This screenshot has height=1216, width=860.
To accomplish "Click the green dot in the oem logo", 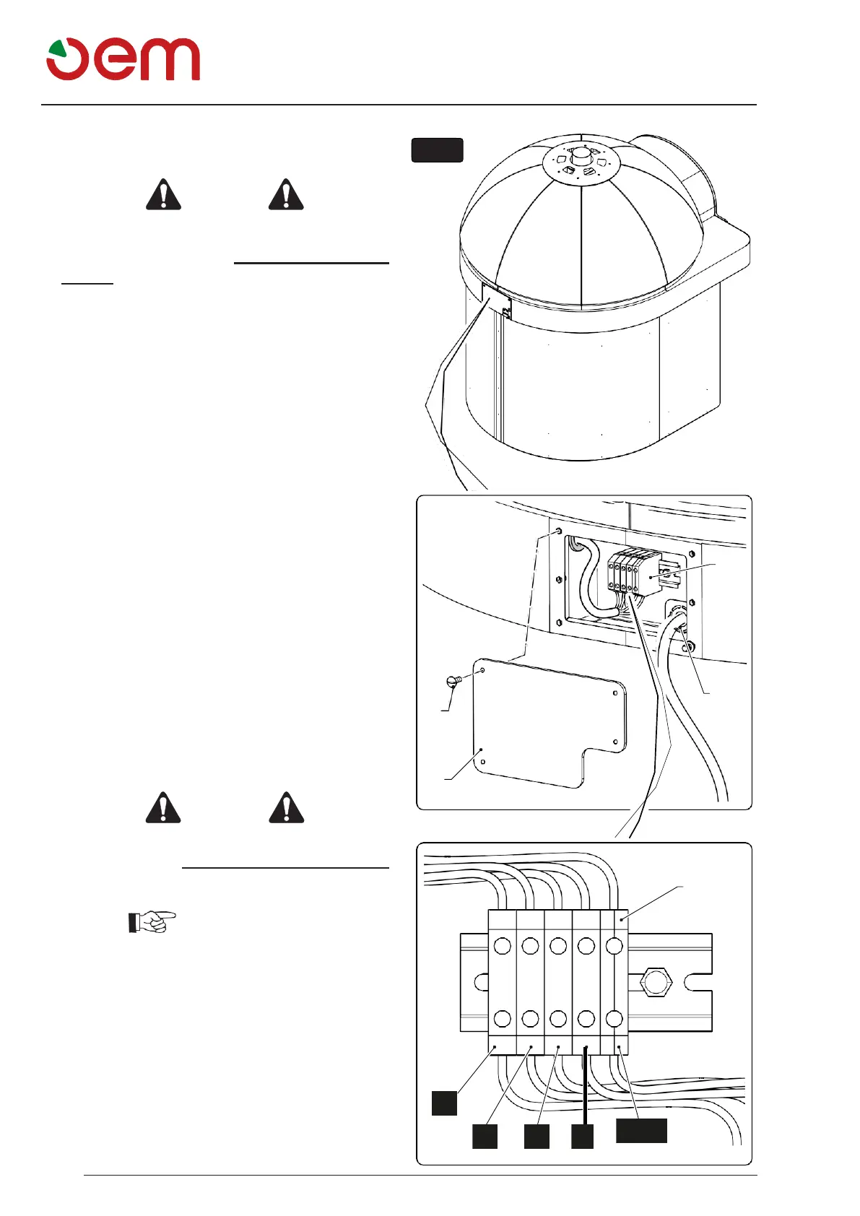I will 57,51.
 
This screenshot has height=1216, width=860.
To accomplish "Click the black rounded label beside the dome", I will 437,149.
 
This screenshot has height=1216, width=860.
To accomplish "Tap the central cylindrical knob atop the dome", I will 581,157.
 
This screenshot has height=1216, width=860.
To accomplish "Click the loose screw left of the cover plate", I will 453,679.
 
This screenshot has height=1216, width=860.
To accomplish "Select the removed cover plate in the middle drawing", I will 549,722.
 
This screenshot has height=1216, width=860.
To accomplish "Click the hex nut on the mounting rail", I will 656,982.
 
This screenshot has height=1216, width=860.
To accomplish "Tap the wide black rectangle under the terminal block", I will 641,1130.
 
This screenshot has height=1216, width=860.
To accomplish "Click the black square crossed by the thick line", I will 582,1136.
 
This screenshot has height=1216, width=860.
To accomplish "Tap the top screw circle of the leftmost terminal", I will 502,945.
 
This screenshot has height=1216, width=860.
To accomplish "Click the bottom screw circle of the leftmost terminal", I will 502,1019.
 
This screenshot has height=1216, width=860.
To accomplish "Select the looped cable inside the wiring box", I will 593,578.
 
